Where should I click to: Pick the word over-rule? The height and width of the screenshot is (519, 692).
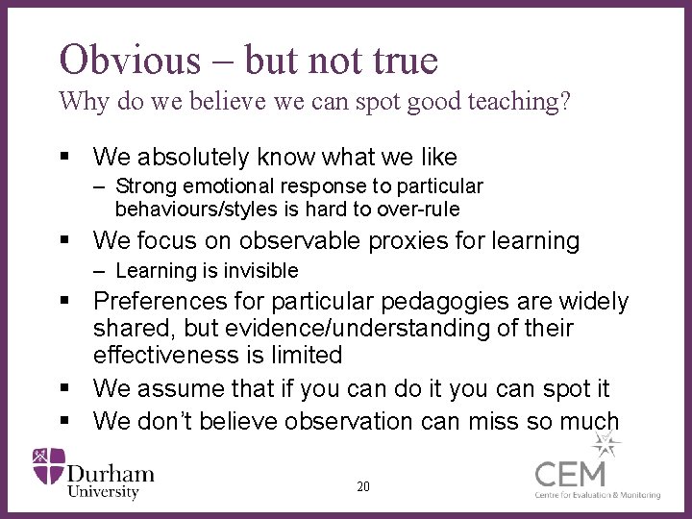(415, 209)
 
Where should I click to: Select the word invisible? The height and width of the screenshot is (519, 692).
(256, 271)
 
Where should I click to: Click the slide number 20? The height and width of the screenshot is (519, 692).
(362, 486)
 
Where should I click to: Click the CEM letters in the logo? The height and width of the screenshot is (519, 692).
(571, 474)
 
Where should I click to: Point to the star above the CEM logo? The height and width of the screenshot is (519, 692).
(605, 444)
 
